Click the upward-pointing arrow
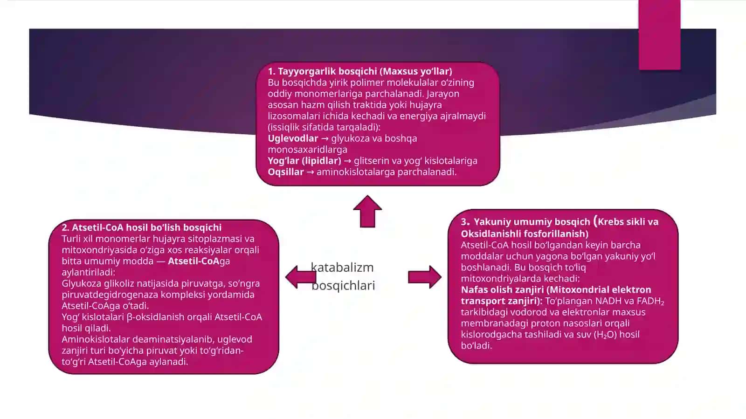pyautogui.click(x=367, y=212)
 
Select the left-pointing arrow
pyautogui.click(x=301, y=277)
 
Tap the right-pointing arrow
pyautogui.click(x=425, y=277)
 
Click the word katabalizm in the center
pyautogui.click(x=342, y=267)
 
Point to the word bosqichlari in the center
pyautogui.click(x=343, y=286)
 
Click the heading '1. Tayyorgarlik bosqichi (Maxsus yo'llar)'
pyautogui.click(x=360, y=71)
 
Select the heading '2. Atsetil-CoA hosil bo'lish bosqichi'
pyautogui.click(x=142, y=227)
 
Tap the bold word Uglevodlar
pyautogui.click(x=293, y=138)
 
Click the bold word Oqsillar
pyautogui.click(x=286, y=172)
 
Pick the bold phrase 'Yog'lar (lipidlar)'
pyautogui.click(x=304, y=161)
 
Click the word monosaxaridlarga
pyautogui.click(x=307, y=150)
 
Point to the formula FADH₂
pyautogui.click(x=650, y=301)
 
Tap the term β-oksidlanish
pyautogui.click(x=155, y=317)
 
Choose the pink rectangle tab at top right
pyautogui.click(x=659, y=35)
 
